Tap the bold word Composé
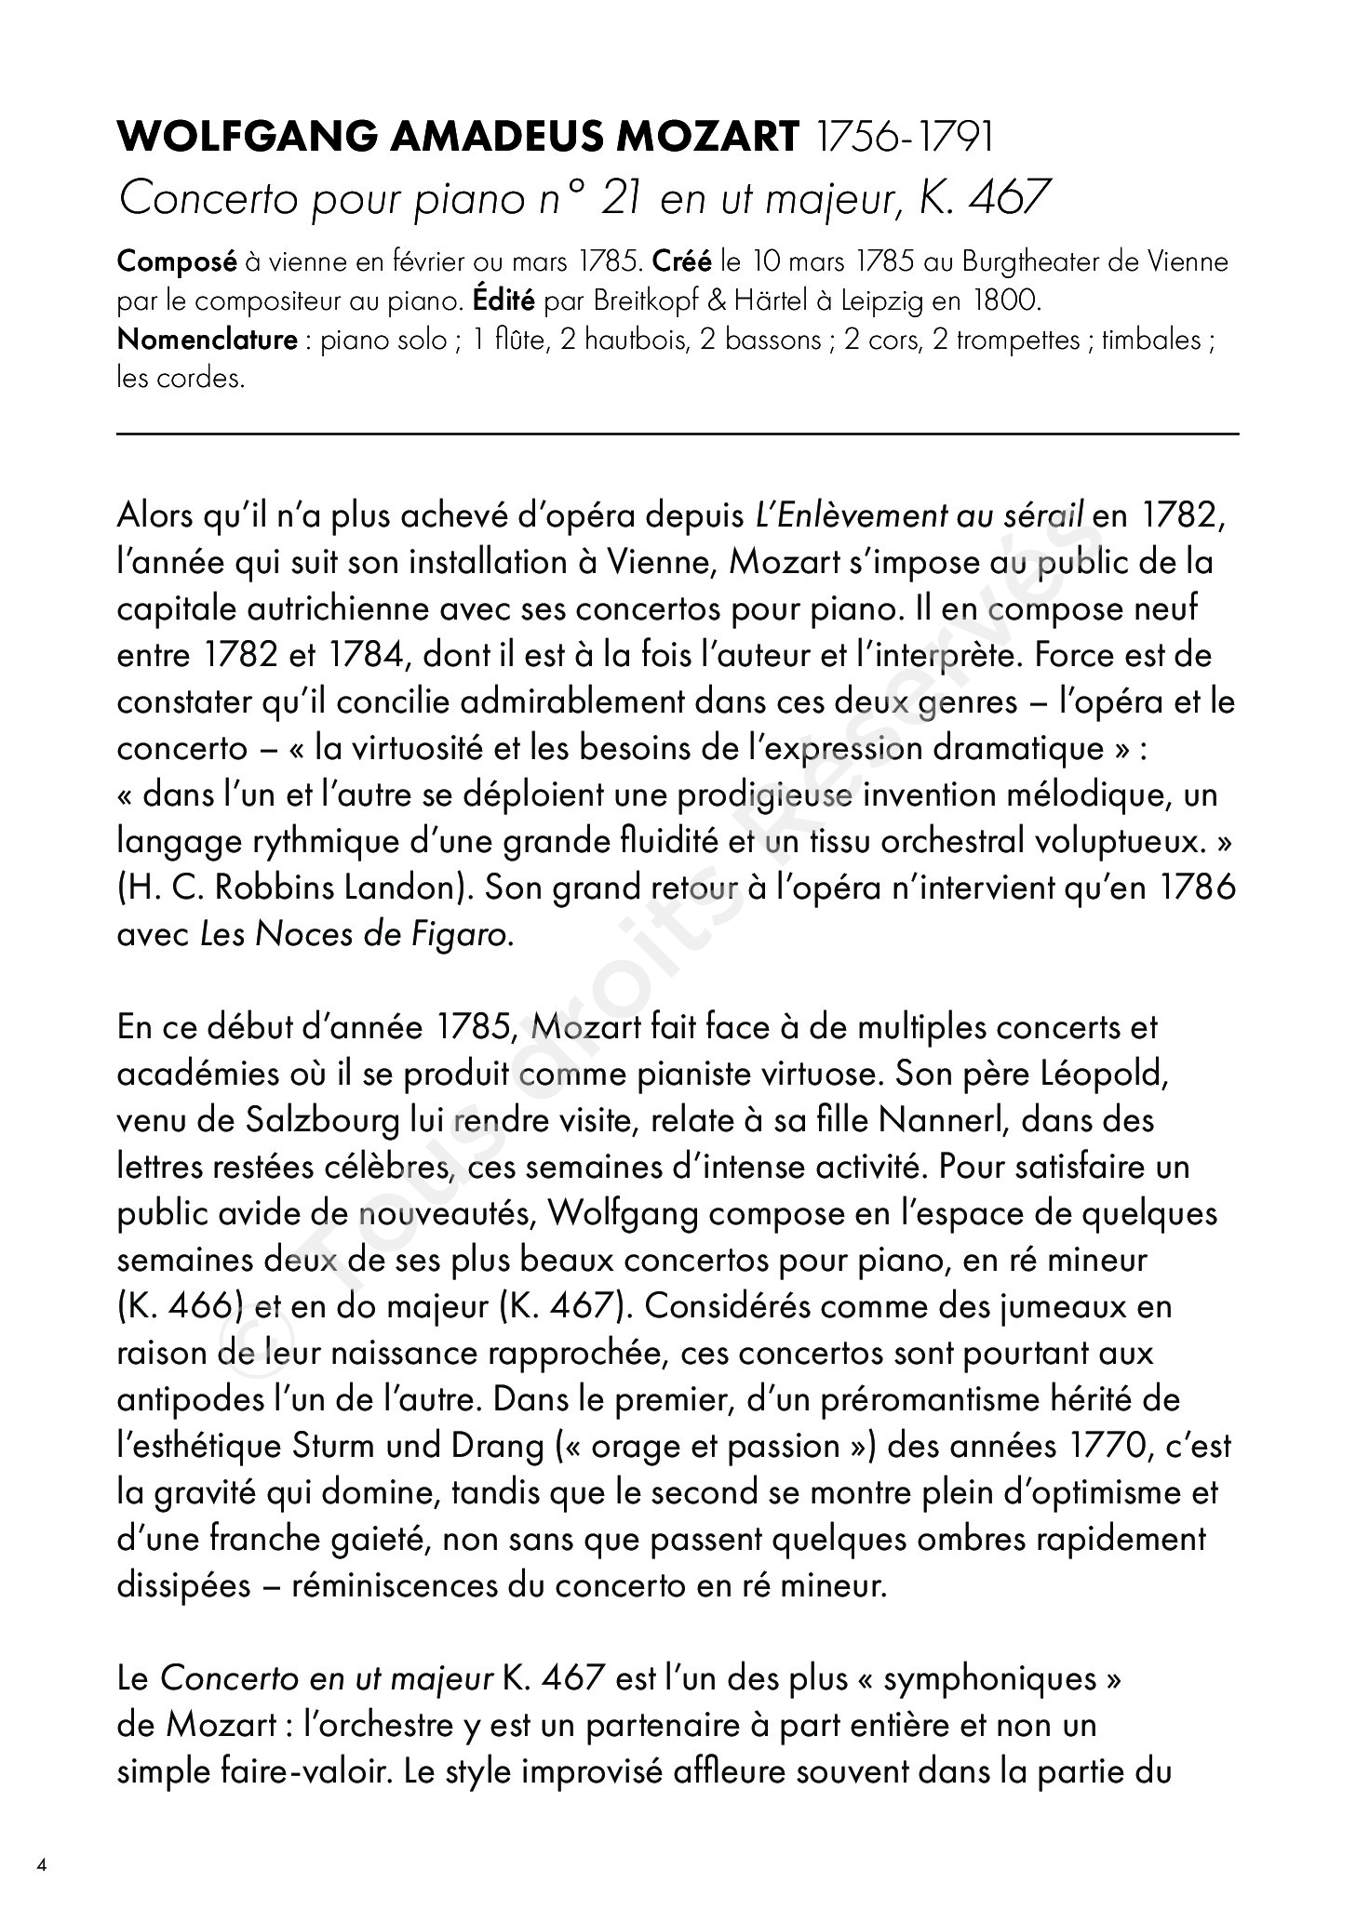177,262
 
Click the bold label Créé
683,261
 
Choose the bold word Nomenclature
207,340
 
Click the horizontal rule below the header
678,433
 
